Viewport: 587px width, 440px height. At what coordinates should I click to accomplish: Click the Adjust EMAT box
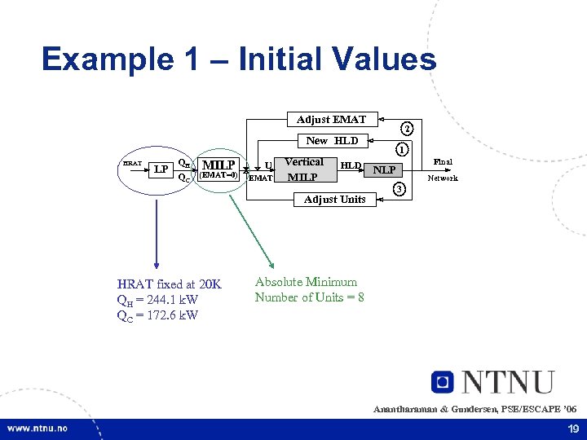(331, 120)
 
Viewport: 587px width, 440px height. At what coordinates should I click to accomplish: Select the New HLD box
(332, 140)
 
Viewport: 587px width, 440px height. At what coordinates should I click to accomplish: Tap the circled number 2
(408, 128)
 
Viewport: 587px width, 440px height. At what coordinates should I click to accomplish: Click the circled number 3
(399, 190)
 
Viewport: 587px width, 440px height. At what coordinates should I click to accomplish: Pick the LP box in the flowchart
(161, 169)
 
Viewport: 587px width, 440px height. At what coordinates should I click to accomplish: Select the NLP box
(384, 170)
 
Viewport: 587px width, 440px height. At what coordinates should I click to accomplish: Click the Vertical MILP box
(304, 169)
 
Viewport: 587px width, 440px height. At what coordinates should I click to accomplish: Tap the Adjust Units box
(334, 199)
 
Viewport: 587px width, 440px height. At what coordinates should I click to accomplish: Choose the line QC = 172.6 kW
(157, 315)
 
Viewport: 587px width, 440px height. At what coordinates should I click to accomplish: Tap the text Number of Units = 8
(309, 297)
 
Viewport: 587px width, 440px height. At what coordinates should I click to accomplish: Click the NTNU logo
(493, 382)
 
